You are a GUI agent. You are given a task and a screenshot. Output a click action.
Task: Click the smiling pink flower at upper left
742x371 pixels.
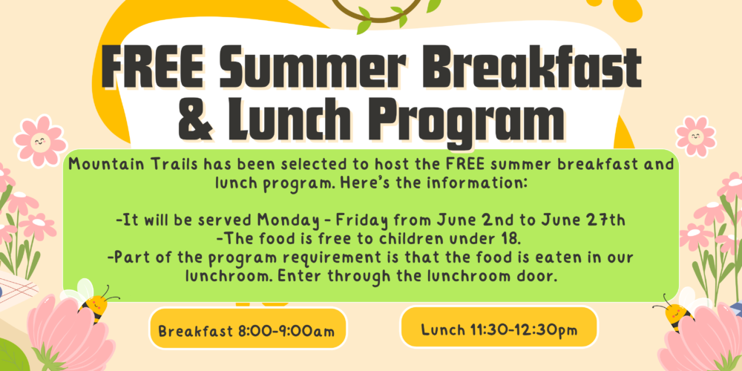[40, 140]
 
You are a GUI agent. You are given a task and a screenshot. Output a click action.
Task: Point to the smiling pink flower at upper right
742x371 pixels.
[695, 137]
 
